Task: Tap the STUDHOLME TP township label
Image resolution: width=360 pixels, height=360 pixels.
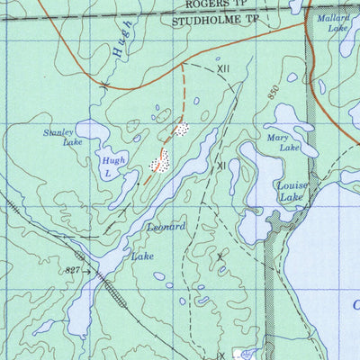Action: (208, 17)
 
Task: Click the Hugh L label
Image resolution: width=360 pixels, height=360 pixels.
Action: (107, 165)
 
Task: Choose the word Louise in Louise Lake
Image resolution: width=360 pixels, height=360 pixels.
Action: (292, 185)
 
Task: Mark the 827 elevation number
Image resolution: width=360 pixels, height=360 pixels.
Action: (73, 270)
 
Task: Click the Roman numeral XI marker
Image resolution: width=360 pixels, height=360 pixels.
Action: (220, 166)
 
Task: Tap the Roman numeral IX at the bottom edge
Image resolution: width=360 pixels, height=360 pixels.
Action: (220, 355)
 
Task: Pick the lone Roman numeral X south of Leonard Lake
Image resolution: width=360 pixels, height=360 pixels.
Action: (219, 256)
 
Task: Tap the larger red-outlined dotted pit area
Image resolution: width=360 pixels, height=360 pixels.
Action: (159, 161)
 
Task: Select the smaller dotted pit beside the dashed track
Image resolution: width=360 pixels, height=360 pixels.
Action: (182, 130)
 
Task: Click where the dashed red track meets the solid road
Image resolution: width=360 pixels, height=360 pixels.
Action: (183, 64)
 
